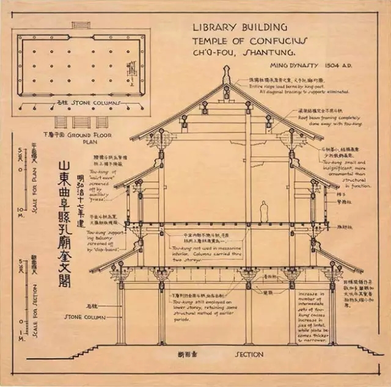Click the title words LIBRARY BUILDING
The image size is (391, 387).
click(239, 27)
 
